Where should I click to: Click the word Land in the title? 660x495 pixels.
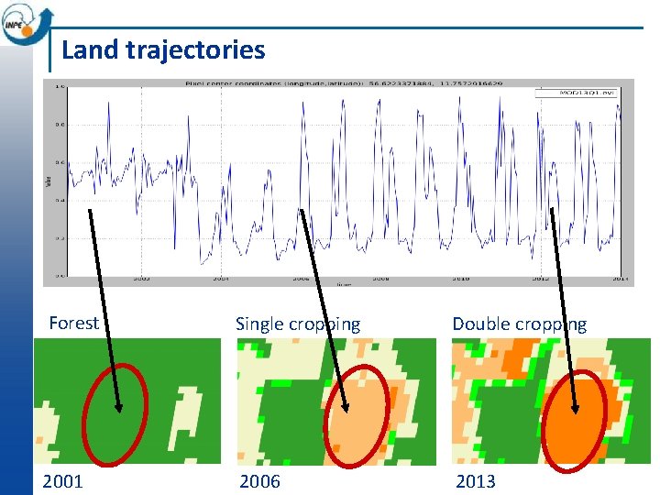point(90,49)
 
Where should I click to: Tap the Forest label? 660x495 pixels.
point(73,323)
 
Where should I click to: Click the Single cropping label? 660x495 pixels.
point(298,324)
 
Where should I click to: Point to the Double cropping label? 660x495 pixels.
point(519,324)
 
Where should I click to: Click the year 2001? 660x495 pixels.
point(63,481)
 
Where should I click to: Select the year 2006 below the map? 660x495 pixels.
point(260,481)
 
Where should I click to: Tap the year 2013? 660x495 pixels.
point(475,481)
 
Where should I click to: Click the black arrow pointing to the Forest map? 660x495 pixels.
point(103,307)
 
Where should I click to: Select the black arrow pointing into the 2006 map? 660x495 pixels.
point(323,307)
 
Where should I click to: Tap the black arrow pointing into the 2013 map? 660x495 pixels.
point(562,307)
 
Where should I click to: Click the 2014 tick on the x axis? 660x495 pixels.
point(621,279)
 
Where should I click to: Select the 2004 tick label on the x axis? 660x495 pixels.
point(220,279)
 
